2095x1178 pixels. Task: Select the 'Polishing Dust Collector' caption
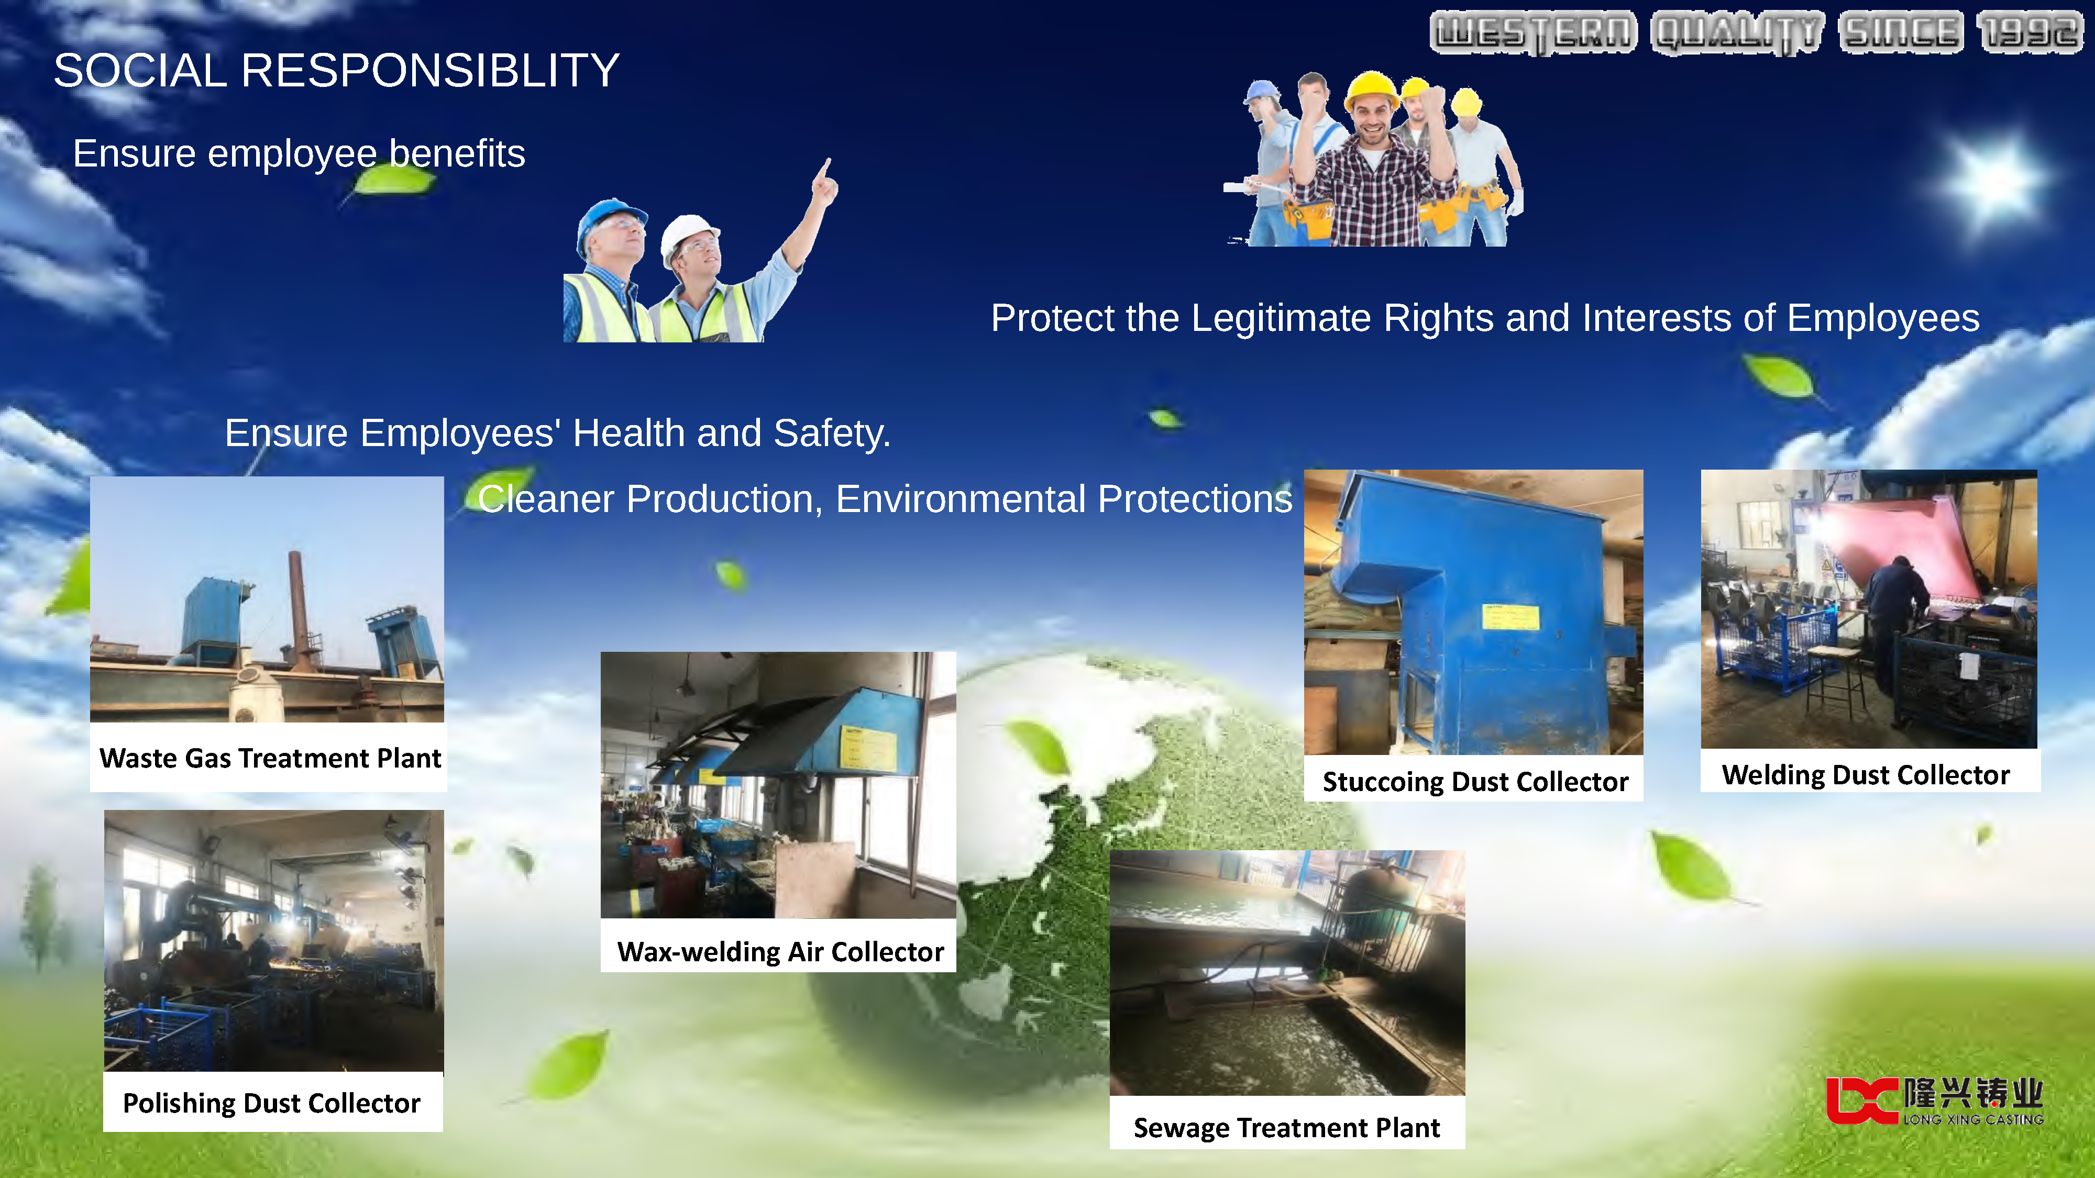click(272, 1103)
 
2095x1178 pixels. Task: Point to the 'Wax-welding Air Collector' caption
click(780, 951)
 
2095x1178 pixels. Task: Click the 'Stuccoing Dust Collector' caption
click(1474, 781)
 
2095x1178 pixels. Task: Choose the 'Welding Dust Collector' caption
click(1865, 775)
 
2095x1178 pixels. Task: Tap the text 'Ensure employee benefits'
click(299, 153)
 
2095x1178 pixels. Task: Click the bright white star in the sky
click(1992, 178)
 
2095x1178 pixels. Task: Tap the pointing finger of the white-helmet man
click(826, 168)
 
